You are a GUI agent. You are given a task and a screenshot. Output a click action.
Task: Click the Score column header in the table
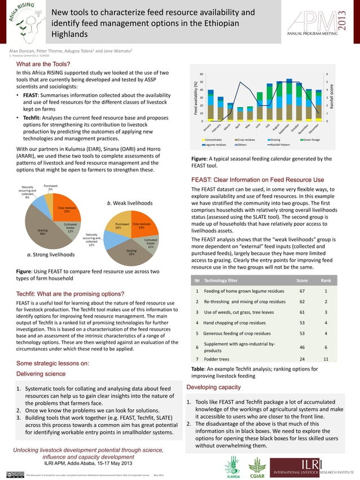(302, 280)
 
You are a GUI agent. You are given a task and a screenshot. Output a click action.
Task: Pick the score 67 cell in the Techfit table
(302, 291)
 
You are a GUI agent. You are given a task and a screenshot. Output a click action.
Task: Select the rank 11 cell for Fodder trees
(326, 359)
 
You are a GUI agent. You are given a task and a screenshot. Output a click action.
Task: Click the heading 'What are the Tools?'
(43, 64)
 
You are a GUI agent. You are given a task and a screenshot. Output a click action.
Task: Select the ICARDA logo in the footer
(233, 468)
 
